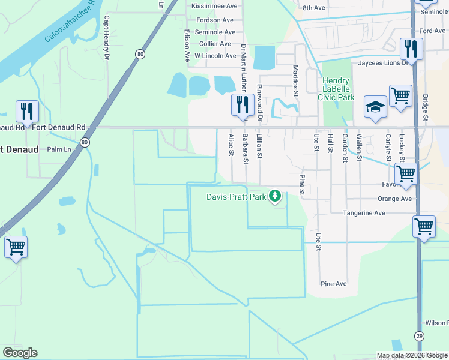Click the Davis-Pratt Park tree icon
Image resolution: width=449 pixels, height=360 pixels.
[275, 196]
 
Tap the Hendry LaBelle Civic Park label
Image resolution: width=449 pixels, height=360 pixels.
[339, 89]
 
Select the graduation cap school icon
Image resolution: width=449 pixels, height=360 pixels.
[375, 108]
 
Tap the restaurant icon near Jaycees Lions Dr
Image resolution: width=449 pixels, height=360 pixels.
[411, 47]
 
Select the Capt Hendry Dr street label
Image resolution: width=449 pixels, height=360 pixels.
[107, 38]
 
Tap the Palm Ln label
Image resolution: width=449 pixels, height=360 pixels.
[59, 149]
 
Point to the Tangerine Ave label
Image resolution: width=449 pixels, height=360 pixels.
[363, 213]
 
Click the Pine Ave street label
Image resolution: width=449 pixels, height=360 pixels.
[334, 284]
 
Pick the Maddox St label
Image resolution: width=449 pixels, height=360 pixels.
[295, 80]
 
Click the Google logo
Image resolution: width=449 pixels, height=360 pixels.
[20, 353]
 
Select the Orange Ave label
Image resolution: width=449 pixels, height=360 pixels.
[394, 199]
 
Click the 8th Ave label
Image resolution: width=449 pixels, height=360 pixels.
[313, 8]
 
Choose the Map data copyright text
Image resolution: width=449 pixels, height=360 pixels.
[412, 355]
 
